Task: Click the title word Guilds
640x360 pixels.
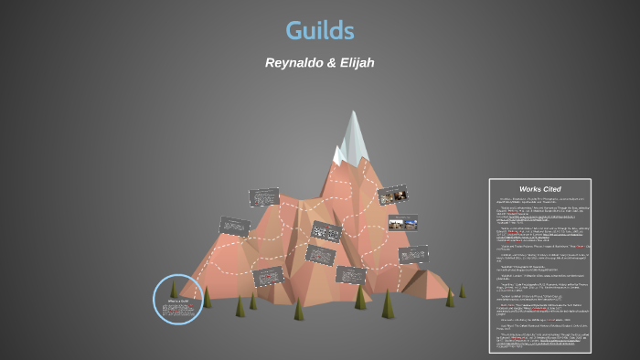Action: coord(319,30)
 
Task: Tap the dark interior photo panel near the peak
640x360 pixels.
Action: coord(392,195)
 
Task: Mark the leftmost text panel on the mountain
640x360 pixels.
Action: coord(235,226)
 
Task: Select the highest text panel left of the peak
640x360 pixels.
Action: coord(264,196)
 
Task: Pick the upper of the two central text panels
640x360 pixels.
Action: coord(325,231)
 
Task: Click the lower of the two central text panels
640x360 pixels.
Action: coord(320,254)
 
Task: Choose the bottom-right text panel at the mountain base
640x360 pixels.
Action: coord(350,274)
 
